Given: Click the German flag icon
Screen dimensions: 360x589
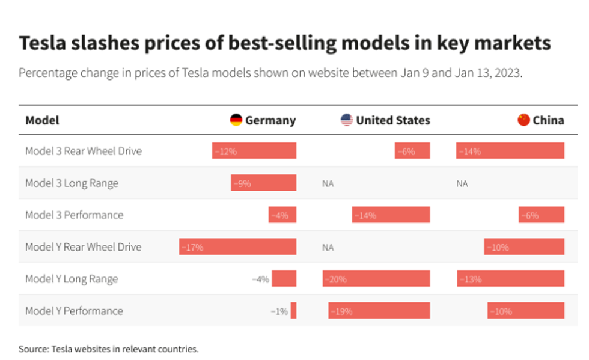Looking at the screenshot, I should [x=236, y=120].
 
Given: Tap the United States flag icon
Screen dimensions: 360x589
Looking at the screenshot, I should [x=347, y=120].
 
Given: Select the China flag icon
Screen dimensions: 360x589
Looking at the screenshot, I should [x=523, y=120].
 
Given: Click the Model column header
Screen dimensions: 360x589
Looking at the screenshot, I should [x=42, y=120].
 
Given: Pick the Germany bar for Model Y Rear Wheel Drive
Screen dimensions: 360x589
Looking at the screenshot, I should [x=237, y=246].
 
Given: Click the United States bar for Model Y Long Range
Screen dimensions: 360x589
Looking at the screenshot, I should [x=376, y=278].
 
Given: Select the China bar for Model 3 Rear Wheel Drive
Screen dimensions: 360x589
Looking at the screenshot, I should [x=510, y=151].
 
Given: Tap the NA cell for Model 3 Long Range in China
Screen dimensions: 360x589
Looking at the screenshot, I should [x=462, y=183].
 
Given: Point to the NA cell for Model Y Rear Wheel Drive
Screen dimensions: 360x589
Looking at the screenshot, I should [x=328, y=247].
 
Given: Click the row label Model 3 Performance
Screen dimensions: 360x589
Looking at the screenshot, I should [x=74, y=215].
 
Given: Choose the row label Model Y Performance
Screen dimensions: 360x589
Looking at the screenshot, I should [x=74, y=311].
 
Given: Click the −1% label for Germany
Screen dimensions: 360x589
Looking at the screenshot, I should [x=279, y=311].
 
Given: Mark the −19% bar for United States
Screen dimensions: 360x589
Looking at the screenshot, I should [x=379, y=311].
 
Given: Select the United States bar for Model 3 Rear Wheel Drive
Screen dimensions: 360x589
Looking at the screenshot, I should [x=412, y=151].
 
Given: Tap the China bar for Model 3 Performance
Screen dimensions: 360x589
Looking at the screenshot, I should [x=541, y=215].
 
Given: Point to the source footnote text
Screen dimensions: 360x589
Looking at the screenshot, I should [x=108, y=349].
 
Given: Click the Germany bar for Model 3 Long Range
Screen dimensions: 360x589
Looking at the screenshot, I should [x=263, y=183].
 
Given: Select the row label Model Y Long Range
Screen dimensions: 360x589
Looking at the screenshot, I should [x=72, y=279].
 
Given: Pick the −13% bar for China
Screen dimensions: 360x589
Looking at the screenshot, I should [x=510, y=278].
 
